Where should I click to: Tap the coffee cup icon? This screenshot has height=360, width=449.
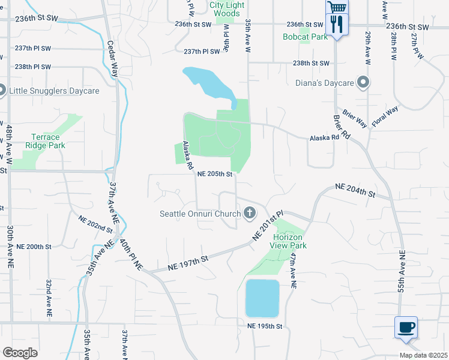point(406,328)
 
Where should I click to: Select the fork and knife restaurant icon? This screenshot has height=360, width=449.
point(336,25)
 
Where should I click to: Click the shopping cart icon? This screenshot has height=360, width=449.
point(337,7)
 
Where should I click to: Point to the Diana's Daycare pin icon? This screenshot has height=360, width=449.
point(363,82)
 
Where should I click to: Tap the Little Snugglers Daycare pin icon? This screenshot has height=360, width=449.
point(2,91)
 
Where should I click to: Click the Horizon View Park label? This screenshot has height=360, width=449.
point(286,241)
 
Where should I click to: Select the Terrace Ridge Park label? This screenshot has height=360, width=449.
point(45,141)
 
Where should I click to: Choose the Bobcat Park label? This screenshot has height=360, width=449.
point(305,37)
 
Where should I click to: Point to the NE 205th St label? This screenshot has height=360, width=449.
point(215,174)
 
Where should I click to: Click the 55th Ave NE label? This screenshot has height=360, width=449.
point(400,271)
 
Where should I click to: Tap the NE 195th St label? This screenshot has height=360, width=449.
point(265,326)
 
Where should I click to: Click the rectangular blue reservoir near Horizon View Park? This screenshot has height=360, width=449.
point(262,298)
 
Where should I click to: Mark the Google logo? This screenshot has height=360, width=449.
point(20,353)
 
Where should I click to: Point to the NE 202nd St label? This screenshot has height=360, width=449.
point(95,224)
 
